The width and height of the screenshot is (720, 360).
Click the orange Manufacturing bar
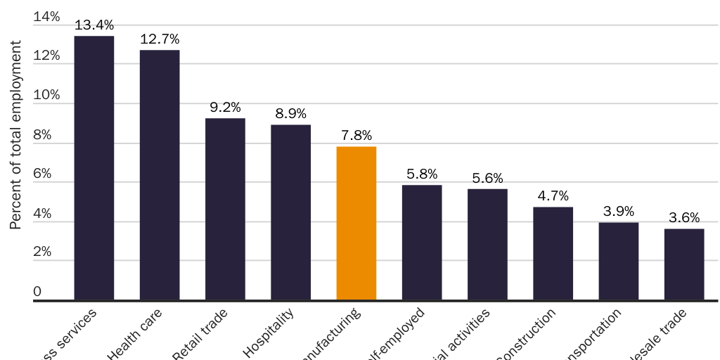tap(356, 224)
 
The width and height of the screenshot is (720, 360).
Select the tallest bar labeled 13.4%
tap(94, 169)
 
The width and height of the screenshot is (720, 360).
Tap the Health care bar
tap(160, 176)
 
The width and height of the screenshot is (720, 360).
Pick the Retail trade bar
tap(225, 210)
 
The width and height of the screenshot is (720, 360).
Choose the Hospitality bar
tap(291, 213)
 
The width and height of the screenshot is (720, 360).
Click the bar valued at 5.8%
tap(422, 243)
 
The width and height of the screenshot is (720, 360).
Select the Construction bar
tap(553, 255)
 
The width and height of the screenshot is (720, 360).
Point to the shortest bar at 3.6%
tap(684, 265)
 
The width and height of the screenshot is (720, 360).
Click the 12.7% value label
tap(160, 39)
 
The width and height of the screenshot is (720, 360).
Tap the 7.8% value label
tap(356, 135)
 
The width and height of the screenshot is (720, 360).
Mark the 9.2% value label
tap(225, 108)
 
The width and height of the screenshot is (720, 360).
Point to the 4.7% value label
tap(553, 195)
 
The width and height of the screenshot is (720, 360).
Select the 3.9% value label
tap(619, 211)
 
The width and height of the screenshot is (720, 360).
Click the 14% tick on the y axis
tap(47, 17)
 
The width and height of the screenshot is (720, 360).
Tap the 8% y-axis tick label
tap(43, 134)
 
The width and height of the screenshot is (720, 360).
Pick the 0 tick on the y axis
tap(37, 291)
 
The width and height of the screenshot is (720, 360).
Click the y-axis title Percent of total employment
tap(15, 135)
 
